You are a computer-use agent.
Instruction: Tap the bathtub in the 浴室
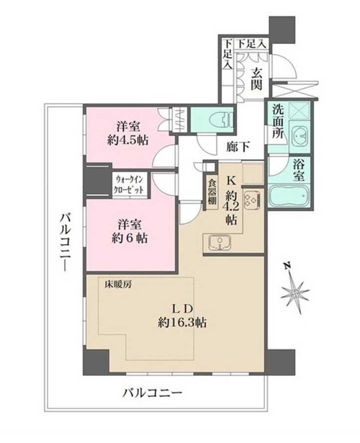point(289,195)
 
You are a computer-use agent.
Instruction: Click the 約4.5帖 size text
point(128,140)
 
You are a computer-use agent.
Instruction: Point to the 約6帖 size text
point(130,238)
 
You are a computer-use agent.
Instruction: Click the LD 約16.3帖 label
point(182,316)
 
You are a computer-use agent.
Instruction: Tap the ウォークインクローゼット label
point(128,184)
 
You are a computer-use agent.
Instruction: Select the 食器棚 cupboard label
point(212,192)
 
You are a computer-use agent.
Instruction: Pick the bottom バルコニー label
point(152,393)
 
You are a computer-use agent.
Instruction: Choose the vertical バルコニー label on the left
point(66,243)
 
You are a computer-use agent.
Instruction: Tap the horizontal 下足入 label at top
point(251,44)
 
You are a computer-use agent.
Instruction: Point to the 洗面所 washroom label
point(279,122)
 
